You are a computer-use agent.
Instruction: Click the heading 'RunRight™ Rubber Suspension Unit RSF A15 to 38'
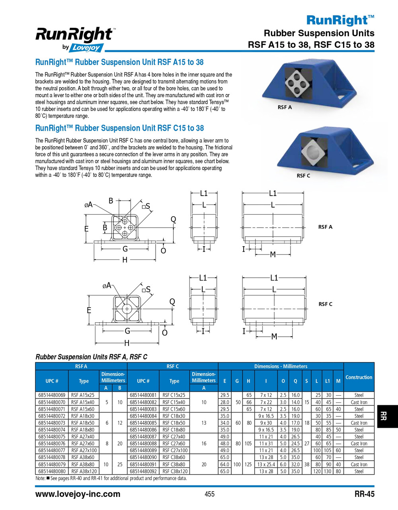tap(119, 62)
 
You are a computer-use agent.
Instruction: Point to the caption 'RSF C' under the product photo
tap(303, 176)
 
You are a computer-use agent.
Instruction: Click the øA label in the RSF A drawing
tap(88, 205)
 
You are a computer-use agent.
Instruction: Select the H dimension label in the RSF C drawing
tap(127, 343)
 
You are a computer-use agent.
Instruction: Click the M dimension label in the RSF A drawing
tap(273, 254)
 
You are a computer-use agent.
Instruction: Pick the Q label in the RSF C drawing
tap(172, 302)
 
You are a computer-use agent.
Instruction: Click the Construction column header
tap(359, 377)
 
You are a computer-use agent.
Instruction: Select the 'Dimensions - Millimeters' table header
tap(281, 366)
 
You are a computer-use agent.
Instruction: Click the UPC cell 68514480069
tap(52, 395)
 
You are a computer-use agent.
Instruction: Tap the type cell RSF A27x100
tap(84, 450)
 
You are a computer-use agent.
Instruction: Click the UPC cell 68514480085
tap(143, 423)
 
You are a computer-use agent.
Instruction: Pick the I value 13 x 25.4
tap(266, 464)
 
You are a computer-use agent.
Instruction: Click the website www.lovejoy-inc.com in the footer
tap(78, 494)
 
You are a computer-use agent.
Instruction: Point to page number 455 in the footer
tap(209, 494)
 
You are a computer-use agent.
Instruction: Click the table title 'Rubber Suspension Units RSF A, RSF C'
tap(91, 357)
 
